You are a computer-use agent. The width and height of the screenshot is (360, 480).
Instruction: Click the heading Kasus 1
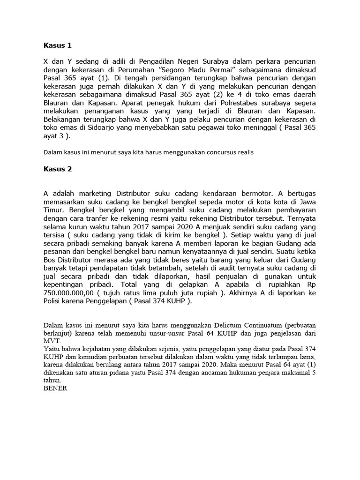(x=58, y=45)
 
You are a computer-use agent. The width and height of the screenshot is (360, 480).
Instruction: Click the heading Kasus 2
(x=58, y=169)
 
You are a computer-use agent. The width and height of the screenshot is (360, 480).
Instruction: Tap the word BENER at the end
(x=55, y=388)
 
